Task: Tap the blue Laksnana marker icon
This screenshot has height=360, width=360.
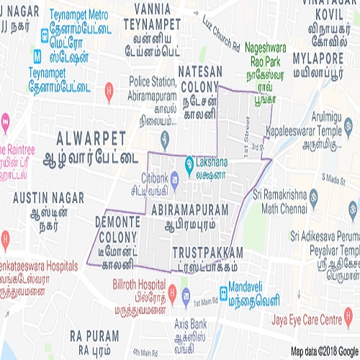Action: click(x=189, y=161)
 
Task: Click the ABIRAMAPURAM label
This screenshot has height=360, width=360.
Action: click(x=191, y=209)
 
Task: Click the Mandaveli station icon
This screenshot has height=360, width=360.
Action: click(x=224, y=294)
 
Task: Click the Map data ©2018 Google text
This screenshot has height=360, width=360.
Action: click(x=318, y=353)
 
